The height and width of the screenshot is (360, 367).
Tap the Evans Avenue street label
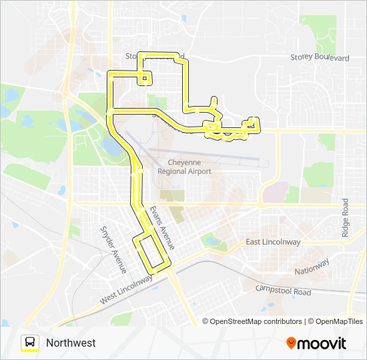click(162, 228)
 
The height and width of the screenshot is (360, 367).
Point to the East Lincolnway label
click(273, 242)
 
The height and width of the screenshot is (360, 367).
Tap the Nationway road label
click(312, 267)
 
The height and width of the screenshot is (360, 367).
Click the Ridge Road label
click(346, 217)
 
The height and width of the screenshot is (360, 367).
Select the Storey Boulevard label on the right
click(320, 59)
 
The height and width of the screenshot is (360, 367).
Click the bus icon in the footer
click(30, 343)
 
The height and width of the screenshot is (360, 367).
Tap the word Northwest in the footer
click(71, 343)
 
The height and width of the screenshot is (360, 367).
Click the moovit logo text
click(322, 343)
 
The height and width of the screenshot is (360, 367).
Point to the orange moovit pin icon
click(291, 343)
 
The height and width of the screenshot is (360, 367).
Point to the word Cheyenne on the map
click(184, 162)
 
